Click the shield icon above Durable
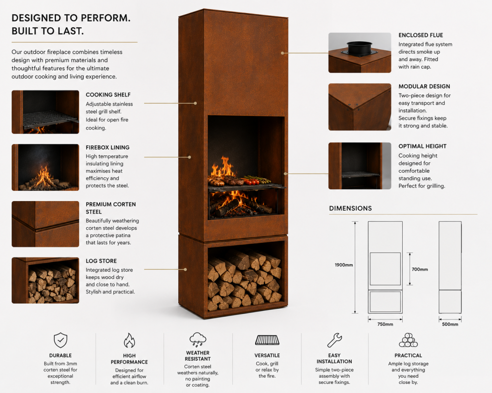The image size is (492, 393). pos(61,340)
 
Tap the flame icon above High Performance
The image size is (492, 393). pos(129,340)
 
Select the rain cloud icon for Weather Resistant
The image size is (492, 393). pos(197,340)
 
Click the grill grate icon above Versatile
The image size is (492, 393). pos(267,340)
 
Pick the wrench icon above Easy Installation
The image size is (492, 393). pos(334,340)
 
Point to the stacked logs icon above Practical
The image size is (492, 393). pos(408,340)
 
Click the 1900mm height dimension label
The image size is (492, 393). pos(344,265)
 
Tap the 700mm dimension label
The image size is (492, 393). pos(419,269)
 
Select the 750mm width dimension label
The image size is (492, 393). pos(385,324)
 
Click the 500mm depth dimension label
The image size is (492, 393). pos(450,324)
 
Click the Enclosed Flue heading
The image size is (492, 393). pos(421,35)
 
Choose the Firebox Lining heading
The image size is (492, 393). pos(108,147)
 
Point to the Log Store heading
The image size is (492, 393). pos(101,261)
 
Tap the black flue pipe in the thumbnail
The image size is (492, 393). pos(359,48)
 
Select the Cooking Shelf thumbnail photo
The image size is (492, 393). pos(46,112)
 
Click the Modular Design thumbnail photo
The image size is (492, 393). pos(359,107)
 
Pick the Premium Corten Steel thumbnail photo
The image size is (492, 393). pos(46,224)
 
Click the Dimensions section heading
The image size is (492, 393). pos(350,208)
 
